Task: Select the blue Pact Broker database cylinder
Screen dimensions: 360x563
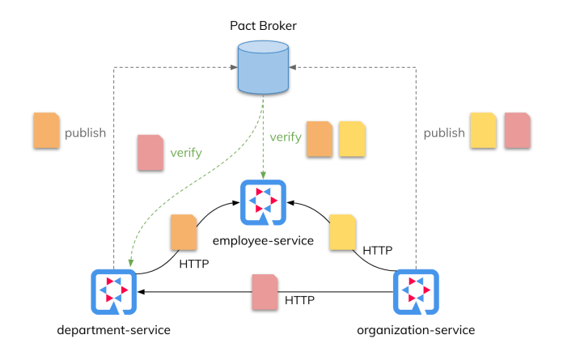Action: tap(265, 69)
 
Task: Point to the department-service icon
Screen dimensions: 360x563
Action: tap(114, 293)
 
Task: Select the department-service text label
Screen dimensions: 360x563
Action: tap(114, 330)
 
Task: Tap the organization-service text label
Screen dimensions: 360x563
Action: tap(416, 330)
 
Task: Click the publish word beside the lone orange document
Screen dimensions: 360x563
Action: tap(86, 133)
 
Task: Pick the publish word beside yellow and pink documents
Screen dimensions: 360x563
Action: tap(444, 133)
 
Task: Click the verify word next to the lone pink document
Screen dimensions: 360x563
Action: tap(186, 151)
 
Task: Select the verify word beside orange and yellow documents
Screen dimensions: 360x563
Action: tap(286, 137)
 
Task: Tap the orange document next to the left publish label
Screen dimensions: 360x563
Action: tap(46, 131)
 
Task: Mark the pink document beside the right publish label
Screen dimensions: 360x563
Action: tap(517, 131)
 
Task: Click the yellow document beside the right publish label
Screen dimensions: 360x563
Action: tap(484, 131)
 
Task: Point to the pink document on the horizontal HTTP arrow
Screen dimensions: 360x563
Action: tap(264, 293)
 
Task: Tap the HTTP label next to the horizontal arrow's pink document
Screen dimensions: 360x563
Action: tap(300, 300)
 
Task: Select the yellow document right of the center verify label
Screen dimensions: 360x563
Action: tap(352, 138)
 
